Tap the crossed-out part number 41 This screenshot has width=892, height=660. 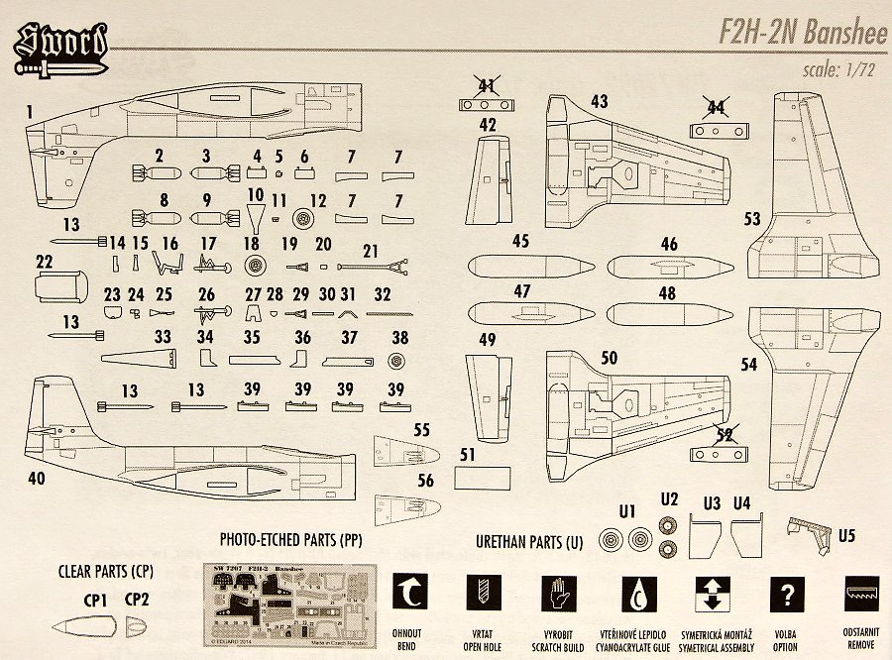[x=486, y=85]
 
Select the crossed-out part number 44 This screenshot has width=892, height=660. [x=714, y=107]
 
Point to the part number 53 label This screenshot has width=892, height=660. [x=753, y=218]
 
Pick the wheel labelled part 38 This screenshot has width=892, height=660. [x=399, y=363]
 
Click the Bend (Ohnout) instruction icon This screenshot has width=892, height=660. [x=409, y=594]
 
